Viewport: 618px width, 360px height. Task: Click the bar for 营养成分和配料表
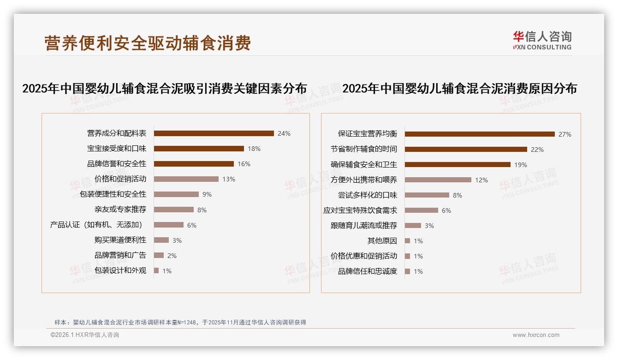tap(214, 133)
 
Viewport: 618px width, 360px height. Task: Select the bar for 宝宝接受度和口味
tap(199, 149)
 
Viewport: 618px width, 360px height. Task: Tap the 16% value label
tap(244, 164)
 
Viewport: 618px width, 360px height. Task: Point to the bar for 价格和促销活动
tap(186, 179)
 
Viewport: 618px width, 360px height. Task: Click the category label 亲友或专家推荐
tap(120, 210)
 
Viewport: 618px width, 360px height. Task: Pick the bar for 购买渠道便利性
tap(161, 240)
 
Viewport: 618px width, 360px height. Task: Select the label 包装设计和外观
tap(120, 270)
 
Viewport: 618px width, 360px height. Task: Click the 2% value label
tap(172, 255)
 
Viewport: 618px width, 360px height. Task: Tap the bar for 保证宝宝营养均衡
tap(480, 134)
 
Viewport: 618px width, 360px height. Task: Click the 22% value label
tap(537, 150)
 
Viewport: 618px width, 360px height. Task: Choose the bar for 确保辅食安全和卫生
tap(458, 165)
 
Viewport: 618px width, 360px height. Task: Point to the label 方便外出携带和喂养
tap(364, 180)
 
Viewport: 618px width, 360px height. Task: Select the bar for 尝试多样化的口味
tap(427, 195)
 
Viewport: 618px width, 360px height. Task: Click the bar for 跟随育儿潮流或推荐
tap(413, 226)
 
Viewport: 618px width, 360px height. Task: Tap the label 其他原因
tap(382, 241)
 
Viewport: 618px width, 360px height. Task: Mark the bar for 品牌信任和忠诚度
tap(407, 271)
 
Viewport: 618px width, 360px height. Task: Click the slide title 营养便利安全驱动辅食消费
tap(148, 43)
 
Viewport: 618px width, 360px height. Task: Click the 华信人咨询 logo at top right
tap(542, 41)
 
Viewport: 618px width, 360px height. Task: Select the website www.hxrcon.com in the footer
tap(536, 335)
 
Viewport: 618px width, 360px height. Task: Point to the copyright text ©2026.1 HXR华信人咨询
tap(85, 335)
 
